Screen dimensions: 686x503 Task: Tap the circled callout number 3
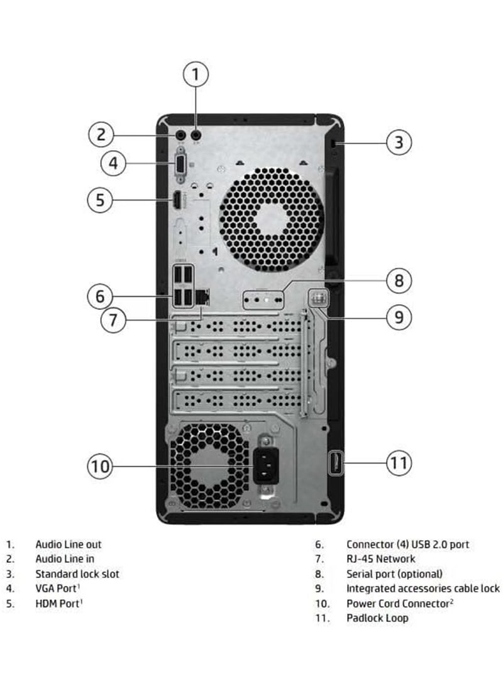[x=399, y=142]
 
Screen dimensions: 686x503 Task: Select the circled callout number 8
[x=399, y=280]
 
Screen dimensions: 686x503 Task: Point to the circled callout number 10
[x=100, y=466]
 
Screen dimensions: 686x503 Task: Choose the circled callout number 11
[x=397, y=464]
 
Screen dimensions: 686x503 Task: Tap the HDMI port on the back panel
[x=177, y=201]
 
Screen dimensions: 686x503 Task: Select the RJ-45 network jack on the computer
[x=203, y=296]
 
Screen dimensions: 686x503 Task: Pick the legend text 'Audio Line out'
[x=68, y=545]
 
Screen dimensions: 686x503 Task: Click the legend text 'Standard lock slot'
[x=77, y=573]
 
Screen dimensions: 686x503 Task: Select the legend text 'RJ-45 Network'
[x=380, y=558]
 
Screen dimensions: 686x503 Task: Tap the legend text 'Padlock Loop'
[x=377, y=617]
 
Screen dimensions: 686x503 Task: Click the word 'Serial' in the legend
[x=359, y=573]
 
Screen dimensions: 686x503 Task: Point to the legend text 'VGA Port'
[x=57, y=588]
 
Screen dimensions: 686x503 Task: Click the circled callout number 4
[x=113, y=163]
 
